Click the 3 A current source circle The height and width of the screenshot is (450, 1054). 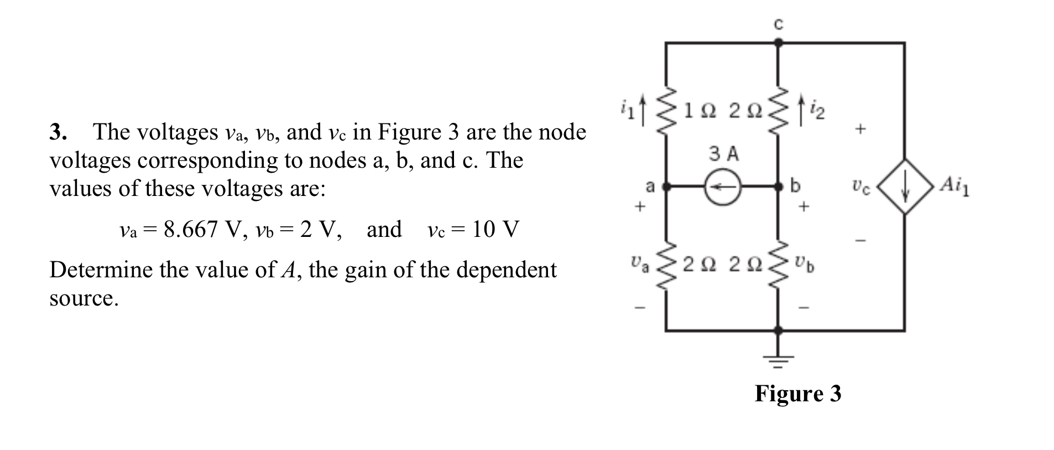722,187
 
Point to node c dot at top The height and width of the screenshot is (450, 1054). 778,42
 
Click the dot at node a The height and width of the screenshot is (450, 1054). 666,187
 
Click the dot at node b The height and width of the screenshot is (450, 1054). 778,187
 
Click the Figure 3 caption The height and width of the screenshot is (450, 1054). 797,394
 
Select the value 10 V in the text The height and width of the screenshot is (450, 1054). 495,229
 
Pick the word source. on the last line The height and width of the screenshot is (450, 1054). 84,298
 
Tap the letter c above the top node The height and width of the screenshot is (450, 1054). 778,24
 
